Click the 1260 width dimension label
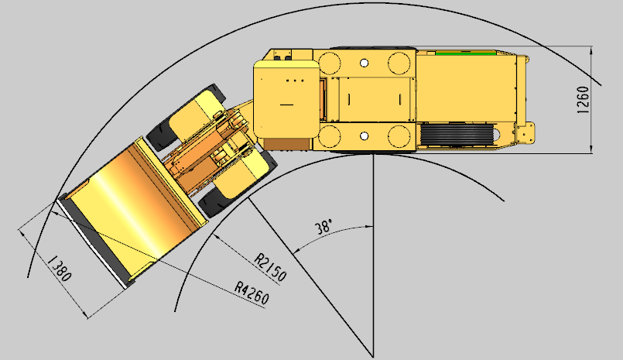click(x=582, y=100)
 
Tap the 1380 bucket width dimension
click(x=60, y=269)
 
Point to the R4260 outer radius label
click(x=252, y=293)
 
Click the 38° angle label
click(x=323, y=228)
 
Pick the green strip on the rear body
click(x=465, y=53)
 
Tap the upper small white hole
click(x=364, y=63)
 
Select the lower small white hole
click(x=364, y=136)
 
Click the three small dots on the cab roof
click(x=295, y=81)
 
